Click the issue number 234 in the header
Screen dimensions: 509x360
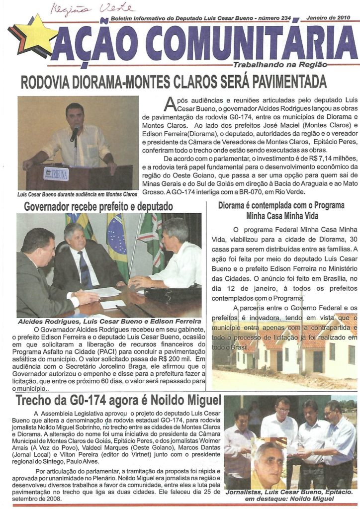[x=285, y=17]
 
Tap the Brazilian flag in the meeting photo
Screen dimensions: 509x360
[x=117, y=244]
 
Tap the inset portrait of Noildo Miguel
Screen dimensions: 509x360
[x=269, y=465]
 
